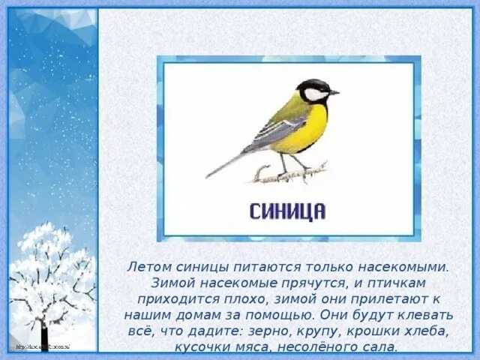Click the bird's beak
click(x=334, y=92)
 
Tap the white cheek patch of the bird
click(x=316, y=94)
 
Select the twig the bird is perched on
click(x=289, y=173)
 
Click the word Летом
click(x=148, y=266)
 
